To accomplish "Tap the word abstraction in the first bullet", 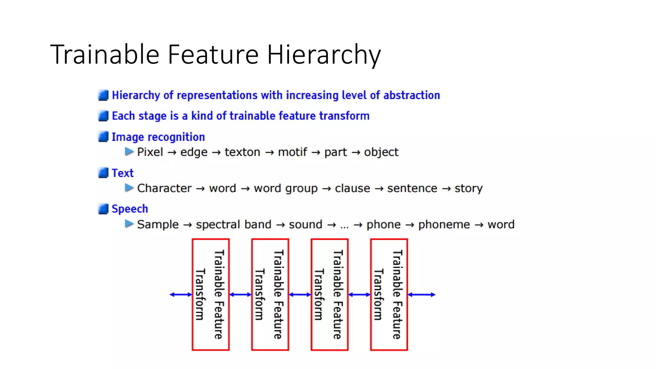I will (x=412, y=95).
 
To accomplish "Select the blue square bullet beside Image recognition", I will (x=103, y=137).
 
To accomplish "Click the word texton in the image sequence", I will (x=242, y=152).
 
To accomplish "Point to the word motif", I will (x=292, y=152).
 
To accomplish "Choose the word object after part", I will (x=381, y=152).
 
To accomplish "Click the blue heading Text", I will (x=123, y=173).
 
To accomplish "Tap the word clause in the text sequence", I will (x=352, y=188).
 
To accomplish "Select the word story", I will (x=468, y=188).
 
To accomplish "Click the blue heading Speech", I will (x=130, y=209).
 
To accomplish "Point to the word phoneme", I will (x=444, y=225).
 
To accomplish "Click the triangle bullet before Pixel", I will (x=129, y=152).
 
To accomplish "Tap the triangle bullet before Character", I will (x=129, y=188).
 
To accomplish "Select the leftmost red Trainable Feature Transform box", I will (x=210, y=294).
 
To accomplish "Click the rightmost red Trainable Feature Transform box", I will (x=389, y=294).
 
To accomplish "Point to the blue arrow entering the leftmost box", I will (x=181, y=294).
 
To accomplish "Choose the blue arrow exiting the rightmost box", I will (x=422, y=294).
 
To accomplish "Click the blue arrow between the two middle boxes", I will (x=300, y=294).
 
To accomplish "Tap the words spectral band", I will (x=234, y=225).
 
